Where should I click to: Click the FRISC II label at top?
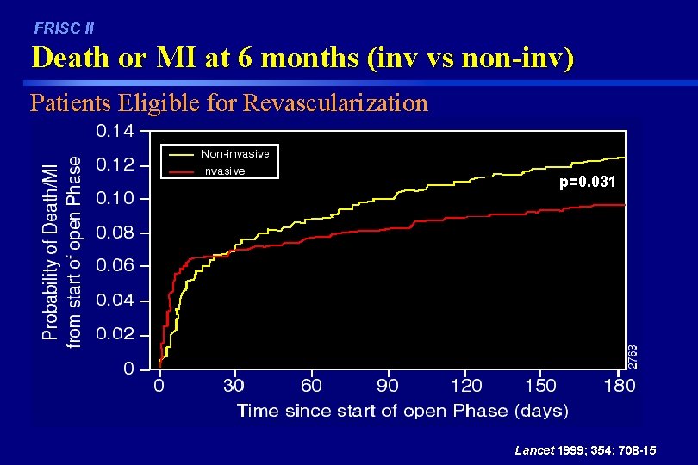[64, 28]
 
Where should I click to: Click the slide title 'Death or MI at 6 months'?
[302, 59]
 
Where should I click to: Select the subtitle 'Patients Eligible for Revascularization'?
[228, 103]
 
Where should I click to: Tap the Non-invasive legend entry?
[234, 154]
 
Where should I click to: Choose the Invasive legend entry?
[222, 170]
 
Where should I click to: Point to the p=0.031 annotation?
[588, 183]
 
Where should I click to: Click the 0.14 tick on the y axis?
[115, 131]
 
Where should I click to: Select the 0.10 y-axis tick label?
[115, 198]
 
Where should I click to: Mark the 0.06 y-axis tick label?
[115, 266]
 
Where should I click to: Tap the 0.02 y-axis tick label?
[115, 334]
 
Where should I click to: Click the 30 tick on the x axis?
[234, 385]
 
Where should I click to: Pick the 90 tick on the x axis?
[388, 385]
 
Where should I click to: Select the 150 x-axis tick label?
[541, 385]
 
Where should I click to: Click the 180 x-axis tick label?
[618, 385]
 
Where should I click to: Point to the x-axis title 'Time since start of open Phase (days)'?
[402, 410]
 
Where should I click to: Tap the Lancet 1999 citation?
[584, 450]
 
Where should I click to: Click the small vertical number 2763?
[633, 356]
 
